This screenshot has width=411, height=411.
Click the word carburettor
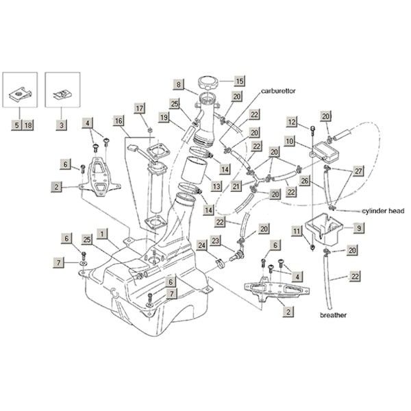(x=284, y=91)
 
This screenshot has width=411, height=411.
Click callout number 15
(x=240, y=80)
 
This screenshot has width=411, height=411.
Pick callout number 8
(x=178, y=85)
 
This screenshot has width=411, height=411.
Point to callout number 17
(x=140, y=108)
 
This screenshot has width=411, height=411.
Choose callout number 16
(x=119, y=121)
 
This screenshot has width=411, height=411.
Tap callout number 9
(x=358, y=227)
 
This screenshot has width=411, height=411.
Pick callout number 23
(x=215, y=240)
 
